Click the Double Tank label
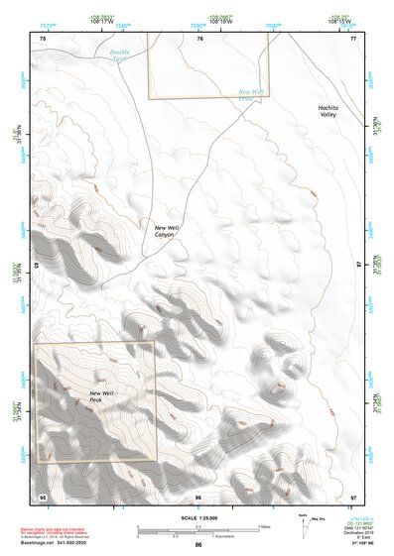(120, 56)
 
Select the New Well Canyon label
(165, 230)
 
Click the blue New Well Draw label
(250, 95)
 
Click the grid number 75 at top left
(42, 38)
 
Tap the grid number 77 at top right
(352, 38)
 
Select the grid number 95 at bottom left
(42, 496)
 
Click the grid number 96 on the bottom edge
(198, 496)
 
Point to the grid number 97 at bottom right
(352, 496)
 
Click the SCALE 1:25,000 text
(198, 517)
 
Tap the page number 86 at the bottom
(198, 546)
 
